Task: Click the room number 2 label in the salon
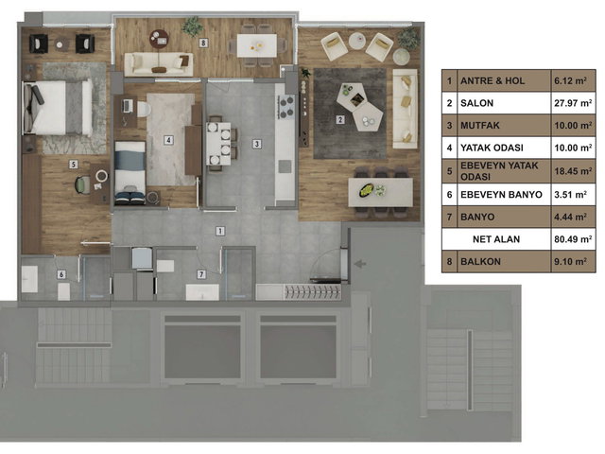340,120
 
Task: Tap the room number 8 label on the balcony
204,43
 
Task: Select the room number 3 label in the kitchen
257,144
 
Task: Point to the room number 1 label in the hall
220,231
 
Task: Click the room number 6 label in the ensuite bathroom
61,274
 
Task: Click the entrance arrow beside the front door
360,264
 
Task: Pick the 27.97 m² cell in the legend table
573,103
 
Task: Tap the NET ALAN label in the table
496,239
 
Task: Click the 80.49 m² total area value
573,239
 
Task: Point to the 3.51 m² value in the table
570,194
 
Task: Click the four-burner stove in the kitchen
285,107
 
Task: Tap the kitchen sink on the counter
285,166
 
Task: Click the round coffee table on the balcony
160,40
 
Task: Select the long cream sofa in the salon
406,109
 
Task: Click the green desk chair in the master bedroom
83,184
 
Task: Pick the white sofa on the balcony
159,64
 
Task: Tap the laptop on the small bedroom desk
128,105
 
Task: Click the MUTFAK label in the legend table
480,126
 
